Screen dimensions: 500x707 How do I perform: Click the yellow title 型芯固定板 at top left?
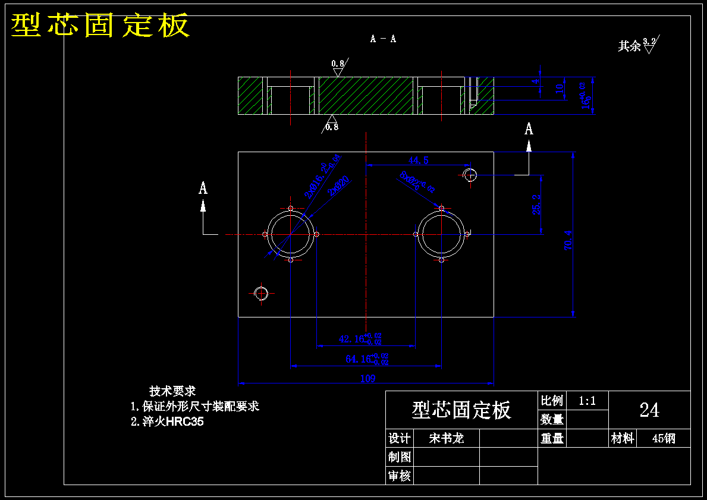point(100,26)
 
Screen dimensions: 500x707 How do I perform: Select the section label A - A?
point(383,39)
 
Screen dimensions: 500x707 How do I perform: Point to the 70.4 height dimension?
point(568,240)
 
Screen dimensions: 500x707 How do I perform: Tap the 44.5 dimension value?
point(418,160)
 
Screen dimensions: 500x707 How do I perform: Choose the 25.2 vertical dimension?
point(537,204)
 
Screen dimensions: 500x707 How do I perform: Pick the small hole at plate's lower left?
point(261,293)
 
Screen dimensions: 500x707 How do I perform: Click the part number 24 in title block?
point(649,410)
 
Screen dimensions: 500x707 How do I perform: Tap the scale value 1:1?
point(587,401)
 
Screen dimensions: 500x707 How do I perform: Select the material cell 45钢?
point(664,439)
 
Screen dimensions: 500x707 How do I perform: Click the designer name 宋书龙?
point(446,439)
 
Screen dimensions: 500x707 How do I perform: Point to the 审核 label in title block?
point(400,476)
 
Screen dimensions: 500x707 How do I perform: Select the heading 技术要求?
point(172,391)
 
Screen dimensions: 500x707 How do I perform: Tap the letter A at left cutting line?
point(203,188)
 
